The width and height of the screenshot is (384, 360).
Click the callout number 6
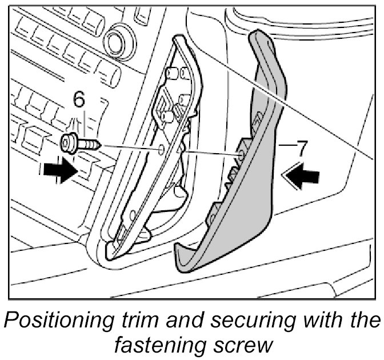tap(79, 101)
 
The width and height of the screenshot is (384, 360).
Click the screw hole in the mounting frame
tap(163, 149)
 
